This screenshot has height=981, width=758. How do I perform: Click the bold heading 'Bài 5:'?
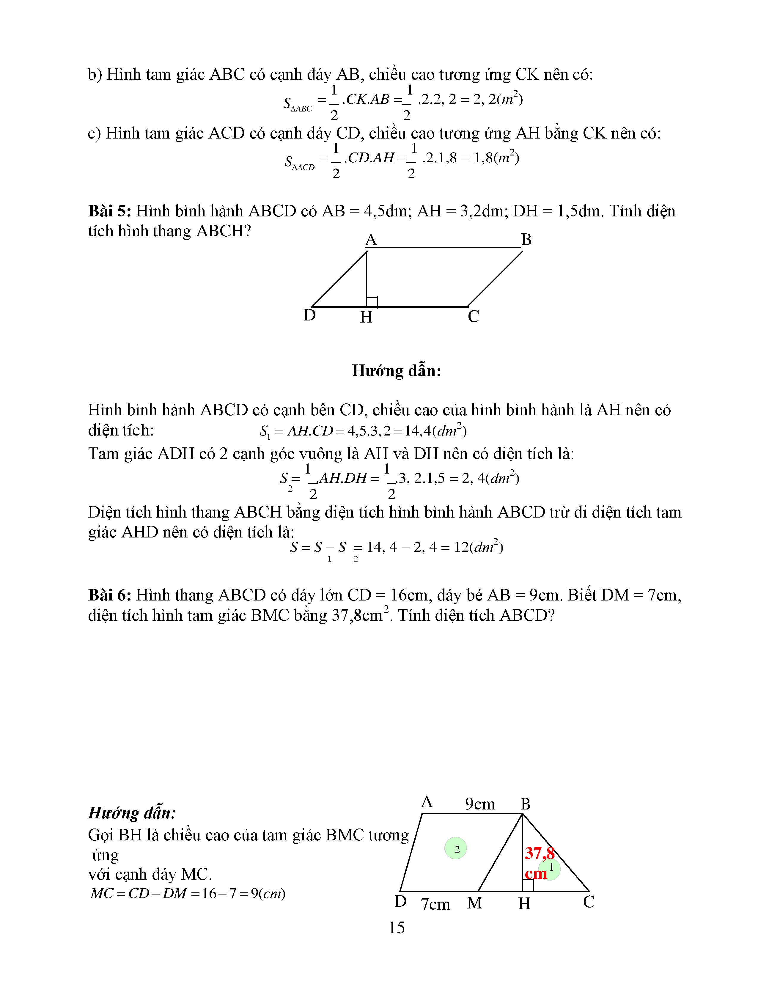pyautogui.click(x=110, y=211)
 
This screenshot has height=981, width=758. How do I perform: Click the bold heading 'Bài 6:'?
pyautogui.click(x=110, y=595)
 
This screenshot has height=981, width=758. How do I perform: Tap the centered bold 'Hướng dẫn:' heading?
pyautogui.click(x=397, y=371)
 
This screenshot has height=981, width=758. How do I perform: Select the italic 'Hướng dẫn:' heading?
pyautogui.click(x=132, y=813)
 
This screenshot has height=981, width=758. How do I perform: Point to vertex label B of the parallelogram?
pyautogui.click(x=526, y=240)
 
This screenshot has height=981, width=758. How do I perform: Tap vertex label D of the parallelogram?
pyautogui.click(x=309, y=315)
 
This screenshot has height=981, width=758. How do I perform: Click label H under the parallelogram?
pyautogui.click(x=366, y=317)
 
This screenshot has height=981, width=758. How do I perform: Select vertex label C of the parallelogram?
pyautogui.click(x=473, y=317)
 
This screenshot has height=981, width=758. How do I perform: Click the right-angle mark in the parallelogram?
pyautogui.click(x=372, y=302)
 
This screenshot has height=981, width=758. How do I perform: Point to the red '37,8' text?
pyautogui.click(x=539, y=853)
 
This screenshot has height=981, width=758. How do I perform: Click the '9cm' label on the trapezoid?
pyautogui.click(x=479, y=804)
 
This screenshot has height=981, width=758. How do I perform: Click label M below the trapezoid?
pyautogui.click(x=474, y=903)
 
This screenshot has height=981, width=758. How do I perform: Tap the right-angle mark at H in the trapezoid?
pyautogui.click(x=528, y=885)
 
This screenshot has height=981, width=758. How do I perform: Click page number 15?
pyautogui.click(x=397, y=927)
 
